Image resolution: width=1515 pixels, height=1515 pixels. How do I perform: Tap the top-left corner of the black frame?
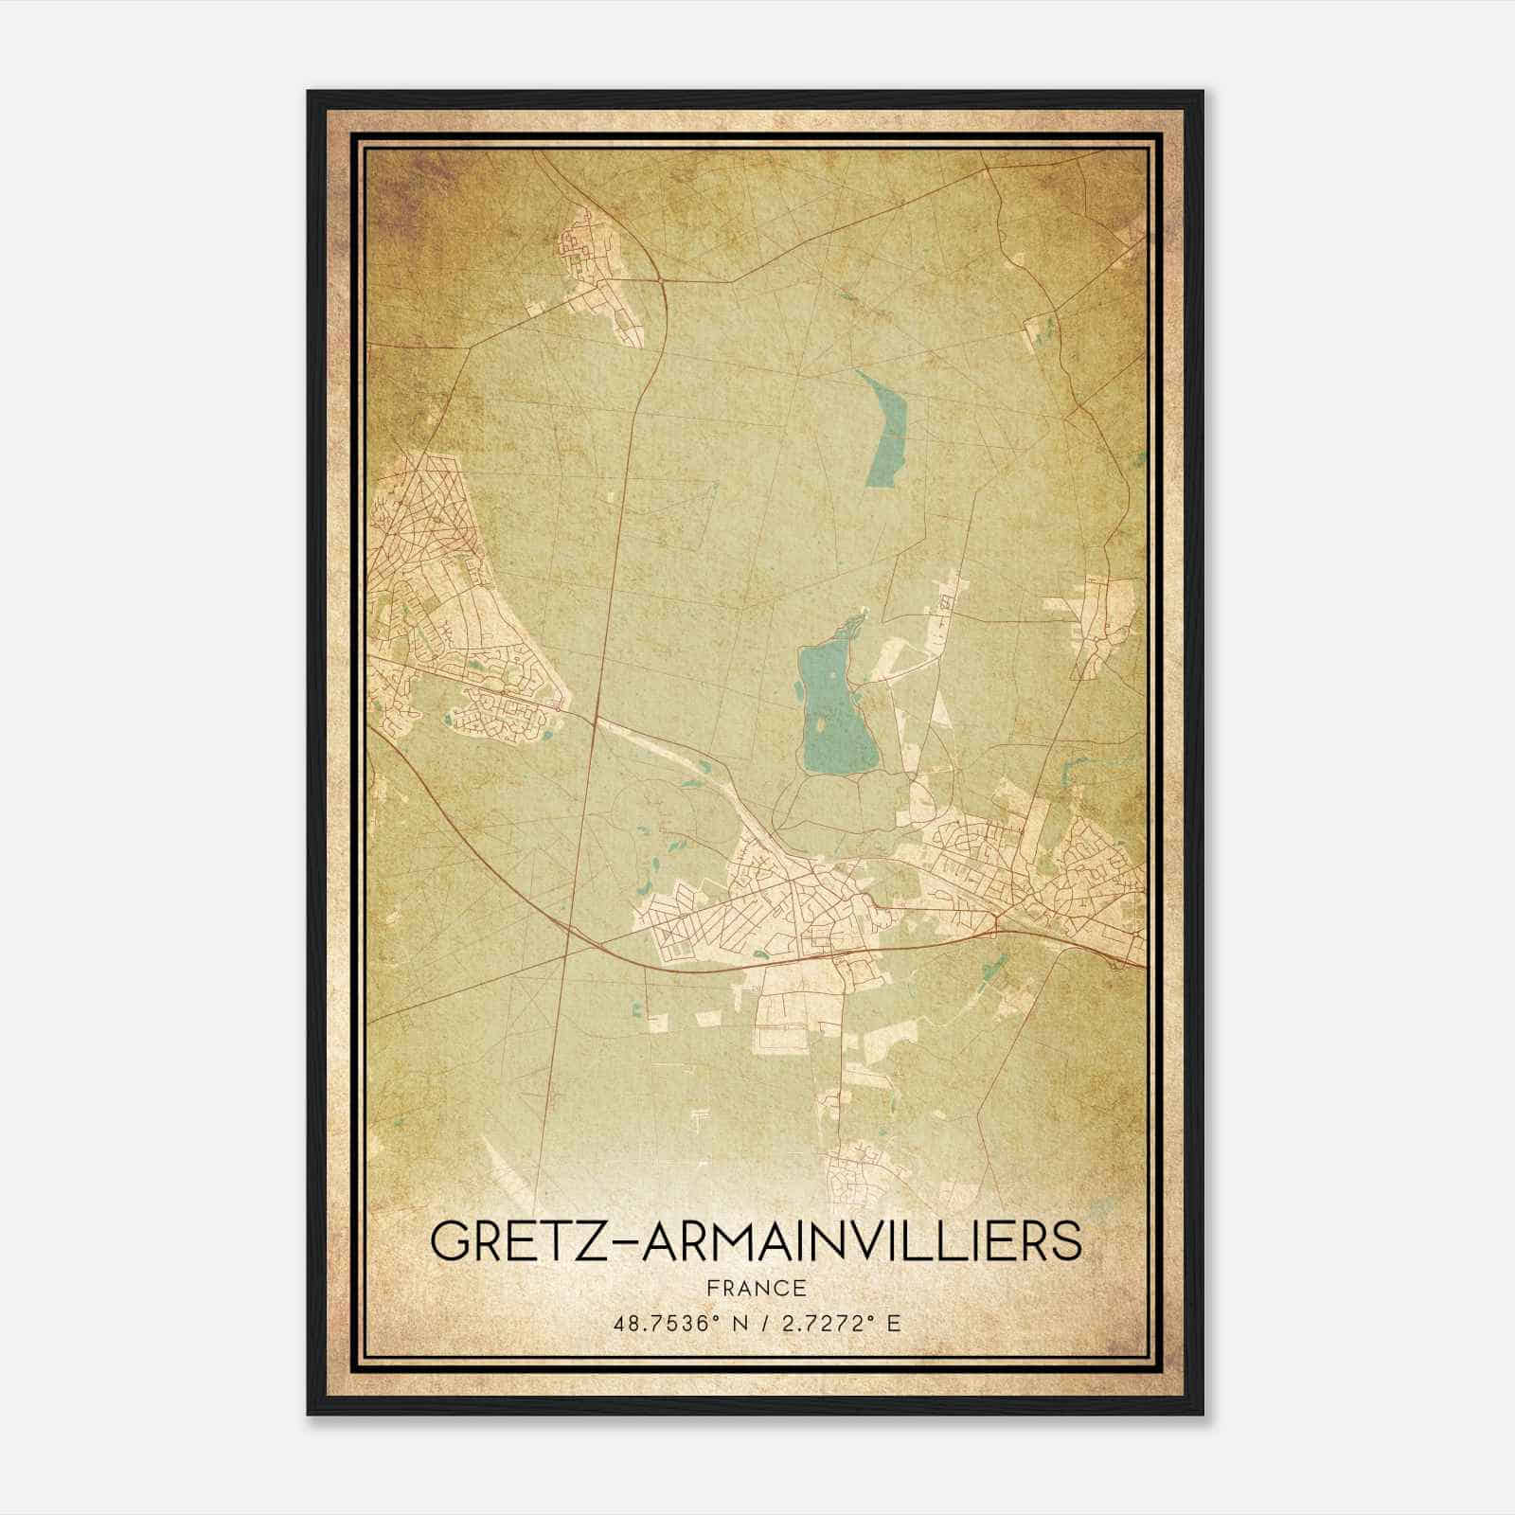[x=310, y=93]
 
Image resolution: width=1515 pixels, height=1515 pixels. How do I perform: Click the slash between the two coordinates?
[x=757, y=1324]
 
